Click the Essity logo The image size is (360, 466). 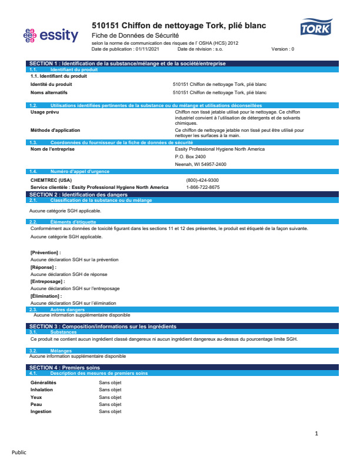pos(50,36)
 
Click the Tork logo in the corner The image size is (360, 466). pos(316,28)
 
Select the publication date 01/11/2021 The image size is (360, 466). pos(146,49)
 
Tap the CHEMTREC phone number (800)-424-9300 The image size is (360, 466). pos(202,180)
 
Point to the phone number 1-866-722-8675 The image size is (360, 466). pos(203,187)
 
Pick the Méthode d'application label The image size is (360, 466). pos(55,129)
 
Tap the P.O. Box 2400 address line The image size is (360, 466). pos(191,157)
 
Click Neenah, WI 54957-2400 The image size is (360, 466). pos(201,164)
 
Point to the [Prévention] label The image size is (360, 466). pos(46,252)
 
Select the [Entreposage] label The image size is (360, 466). pos(48,281)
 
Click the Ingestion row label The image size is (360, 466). pos(41,411)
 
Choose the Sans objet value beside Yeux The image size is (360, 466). pos(110,397)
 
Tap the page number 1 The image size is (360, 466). pos(316,434)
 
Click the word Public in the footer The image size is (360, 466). pos(19,452)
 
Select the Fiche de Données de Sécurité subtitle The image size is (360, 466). pos(135,36)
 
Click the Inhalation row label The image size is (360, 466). pos(42,390)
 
